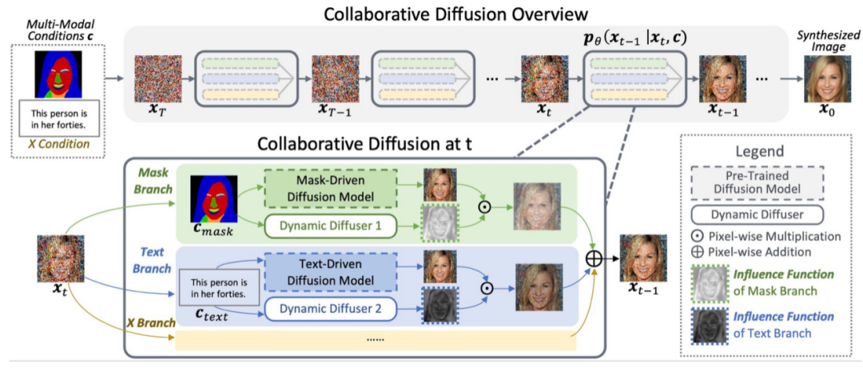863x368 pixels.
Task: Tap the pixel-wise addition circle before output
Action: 595,258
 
